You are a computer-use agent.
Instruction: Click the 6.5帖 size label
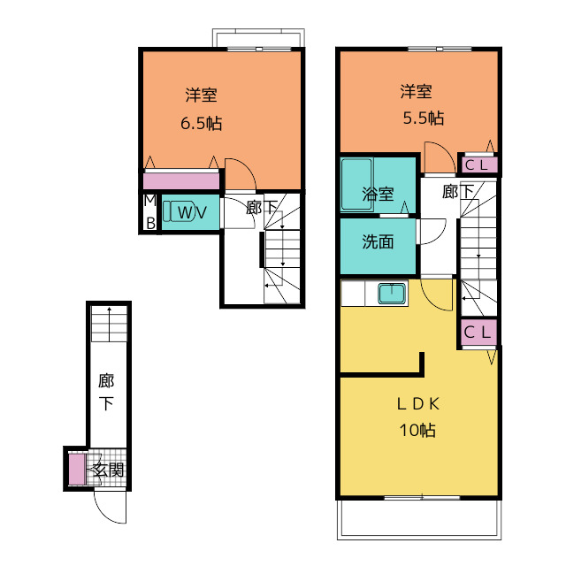pyautogui.click(x=201, y=124)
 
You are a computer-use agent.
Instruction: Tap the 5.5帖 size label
pyautogui.click(x=424, y=118)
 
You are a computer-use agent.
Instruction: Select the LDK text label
pyautogui.click(x=418, y=404)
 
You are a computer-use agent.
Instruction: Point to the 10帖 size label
pyautogui.click(x=417, y=431)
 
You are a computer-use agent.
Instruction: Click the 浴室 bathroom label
pyautogui.click(x=378, y=195)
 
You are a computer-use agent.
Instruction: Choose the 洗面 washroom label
pyautogui.click(x=378, y=241)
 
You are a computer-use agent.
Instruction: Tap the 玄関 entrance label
pyautogui.click(x=109, y=470)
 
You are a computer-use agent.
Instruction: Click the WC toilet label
pyautogui.click(x=192, y=212)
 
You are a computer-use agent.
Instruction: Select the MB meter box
pyautogui.click(x=150, y=212)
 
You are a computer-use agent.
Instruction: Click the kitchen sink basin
pyautogui.click(x=392, y=294)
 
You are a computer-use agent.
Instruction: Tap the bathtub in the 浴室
pyautogui.click(x=357, y=184)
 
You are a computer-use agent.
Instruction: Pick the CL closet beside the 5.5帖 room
pyautogui.click(x=478, y=165)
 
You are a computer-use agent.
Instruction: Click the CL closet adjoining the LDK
pyautogui.click(x=478, y=332)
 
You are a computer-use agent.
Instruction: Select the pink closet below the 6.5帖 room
pyautogui.click(x=181, y=180)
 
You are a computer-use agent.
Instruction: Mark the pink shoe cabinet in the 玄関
pyautogui.click(x=77, y=470)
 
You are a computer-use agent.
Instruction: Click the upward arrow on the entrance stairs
pyautogui.click(x=109, y=324)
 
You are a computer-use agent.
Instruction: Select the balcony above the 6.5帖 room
pyautogui.click(x=258, y=37)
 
